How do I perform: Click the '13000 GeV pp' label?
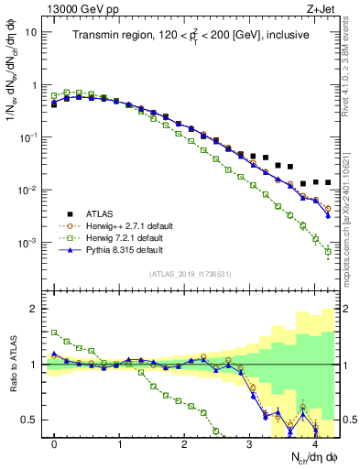(77, 8)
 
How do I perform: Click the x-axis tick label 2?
(184, 443)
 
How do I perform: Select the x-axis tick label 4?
(314, 443)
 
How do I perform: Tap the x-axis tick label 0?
(54, 443)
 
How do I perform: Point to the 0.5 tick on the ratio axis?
(32, 420)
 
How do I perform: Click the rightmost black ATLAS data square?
(327, 182)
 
